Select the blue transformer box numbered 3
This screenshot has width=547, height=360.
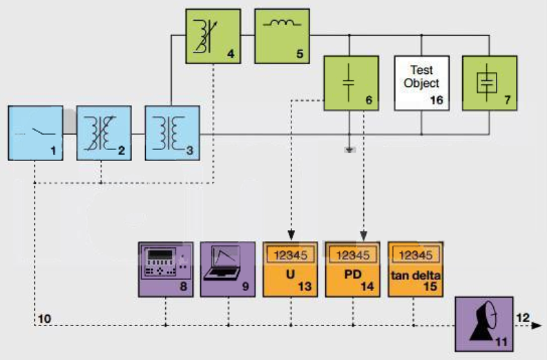point(173,133)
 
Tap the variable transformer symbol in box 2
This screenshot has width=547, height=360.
point(99,133)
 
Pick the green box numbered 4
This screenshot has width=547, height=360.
point(213,37)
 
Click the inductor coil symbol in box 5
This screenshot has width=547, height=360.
point(282,23)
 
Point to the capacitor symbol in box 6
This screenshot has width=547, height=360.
point(349,83)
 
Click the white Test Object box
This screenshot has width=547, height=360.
point(422,83)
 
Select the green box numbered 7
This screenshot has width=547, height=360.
point(490,83)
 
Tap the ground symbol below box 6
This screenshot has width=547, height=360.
point(350,150)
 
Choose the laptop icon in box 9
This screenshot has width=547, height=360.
point(223,263)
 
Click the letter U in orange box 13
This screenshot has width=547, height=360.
point(290,274)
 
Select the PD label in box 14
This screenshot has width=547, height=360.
point(353,274)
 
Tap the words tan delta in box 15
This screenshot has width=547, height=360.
point(416,276)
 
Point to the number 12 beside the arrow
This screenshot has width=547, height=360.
point(523,318)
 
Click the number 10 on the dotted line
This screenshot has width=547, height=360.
point(44,319)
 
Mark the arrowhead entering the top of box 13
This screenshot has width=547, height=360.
point(291,236)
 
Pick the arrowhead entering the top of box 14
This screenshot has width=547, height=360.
point(363,236)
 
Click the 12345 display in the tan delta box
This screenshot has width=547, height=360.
point(416,255)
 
